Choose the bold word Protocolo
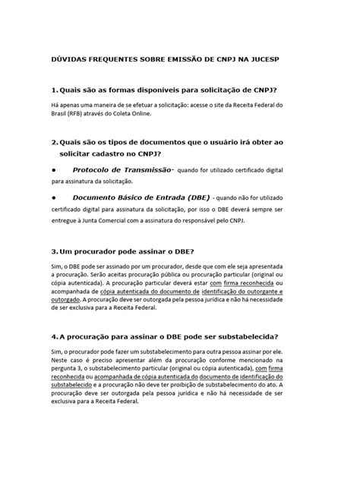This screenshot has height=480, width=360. pos(96,170)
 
